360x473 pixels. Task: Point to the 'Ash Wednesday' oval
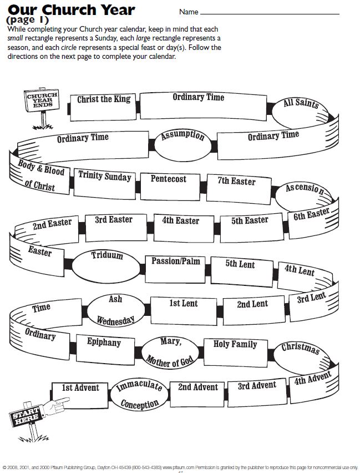coord(115,309)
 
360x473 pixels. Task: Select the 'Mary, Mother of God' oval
coord(171,351)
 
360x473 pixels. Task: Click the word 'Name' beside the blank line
coord(189,12)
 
